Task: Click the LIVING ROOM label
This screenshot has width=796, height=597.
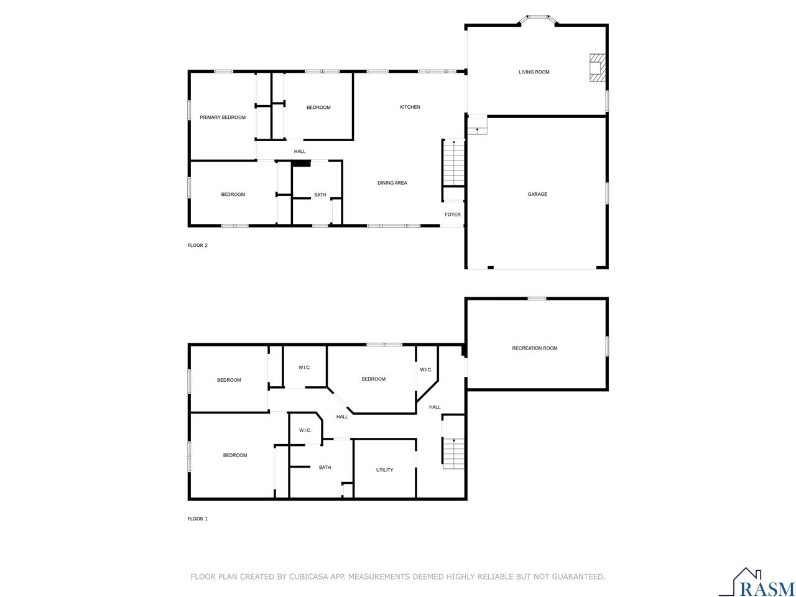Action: [x=534, y=72]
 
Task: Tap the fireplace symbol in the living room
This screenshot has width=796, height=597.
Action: [x=597, y=67]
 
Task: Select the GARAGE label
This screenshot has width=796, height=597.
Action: [x=537, y=194]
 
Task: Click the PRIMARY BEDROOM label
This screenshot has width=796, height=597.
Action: [x=222, y=118]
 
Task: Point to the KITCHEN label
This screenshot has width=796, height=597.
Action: [x=410, y=107]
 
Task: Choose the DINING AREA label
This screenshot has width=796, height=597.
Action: [x=392, y=183]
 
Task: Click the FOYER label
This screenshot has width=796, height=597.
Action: [x=453, y=215]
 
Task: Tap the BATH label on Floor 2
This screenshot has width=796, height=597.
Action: [x=320, y=195]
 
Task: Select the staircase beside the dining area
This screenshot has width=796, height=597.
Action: [x=454, y=163]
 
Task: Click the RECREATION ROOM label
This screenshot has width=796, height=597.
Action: [x=534, y=348]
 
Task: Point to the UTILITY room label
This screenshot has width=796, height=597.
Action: [x=384, y=470]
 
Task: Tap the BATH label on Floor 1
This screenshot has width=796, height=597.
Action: [x=325, y=468]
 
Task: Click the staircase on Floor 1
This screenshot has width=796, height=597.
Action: [x=454, y=453]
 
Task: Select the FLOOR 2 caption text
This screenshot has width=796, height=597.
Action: [x=198, y=245]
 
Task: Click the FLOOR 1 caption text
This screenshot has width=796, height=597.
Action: [x=198, y=519]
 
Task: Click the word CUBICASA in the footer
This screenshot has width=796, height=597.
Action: [x=310, y=577]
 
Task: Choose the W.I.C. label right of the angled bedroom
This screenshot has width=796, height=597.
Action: [x=425, y=370]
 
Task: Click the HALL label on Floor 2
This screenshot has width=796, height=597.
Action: [x=300, y=151]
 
